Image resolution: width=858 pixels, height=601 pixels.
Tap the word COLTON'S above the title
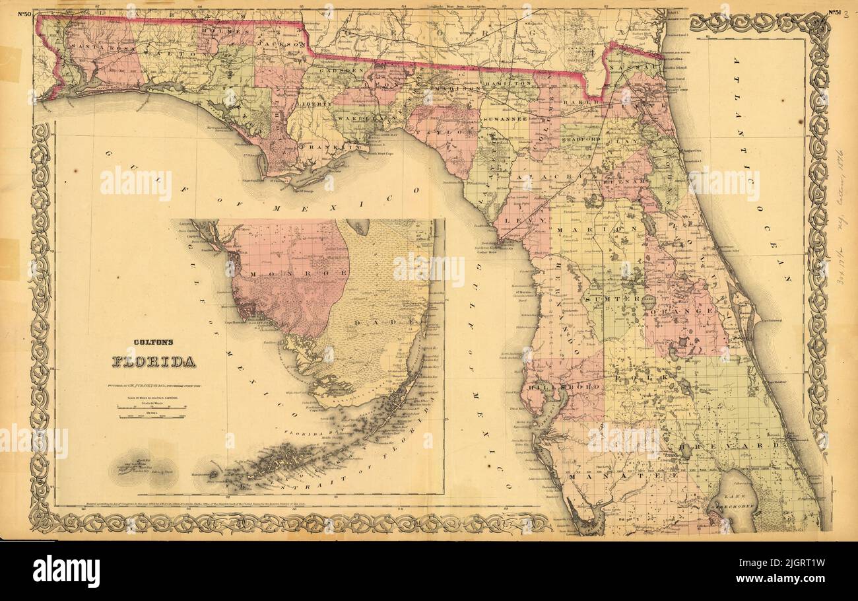[152, 342]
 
